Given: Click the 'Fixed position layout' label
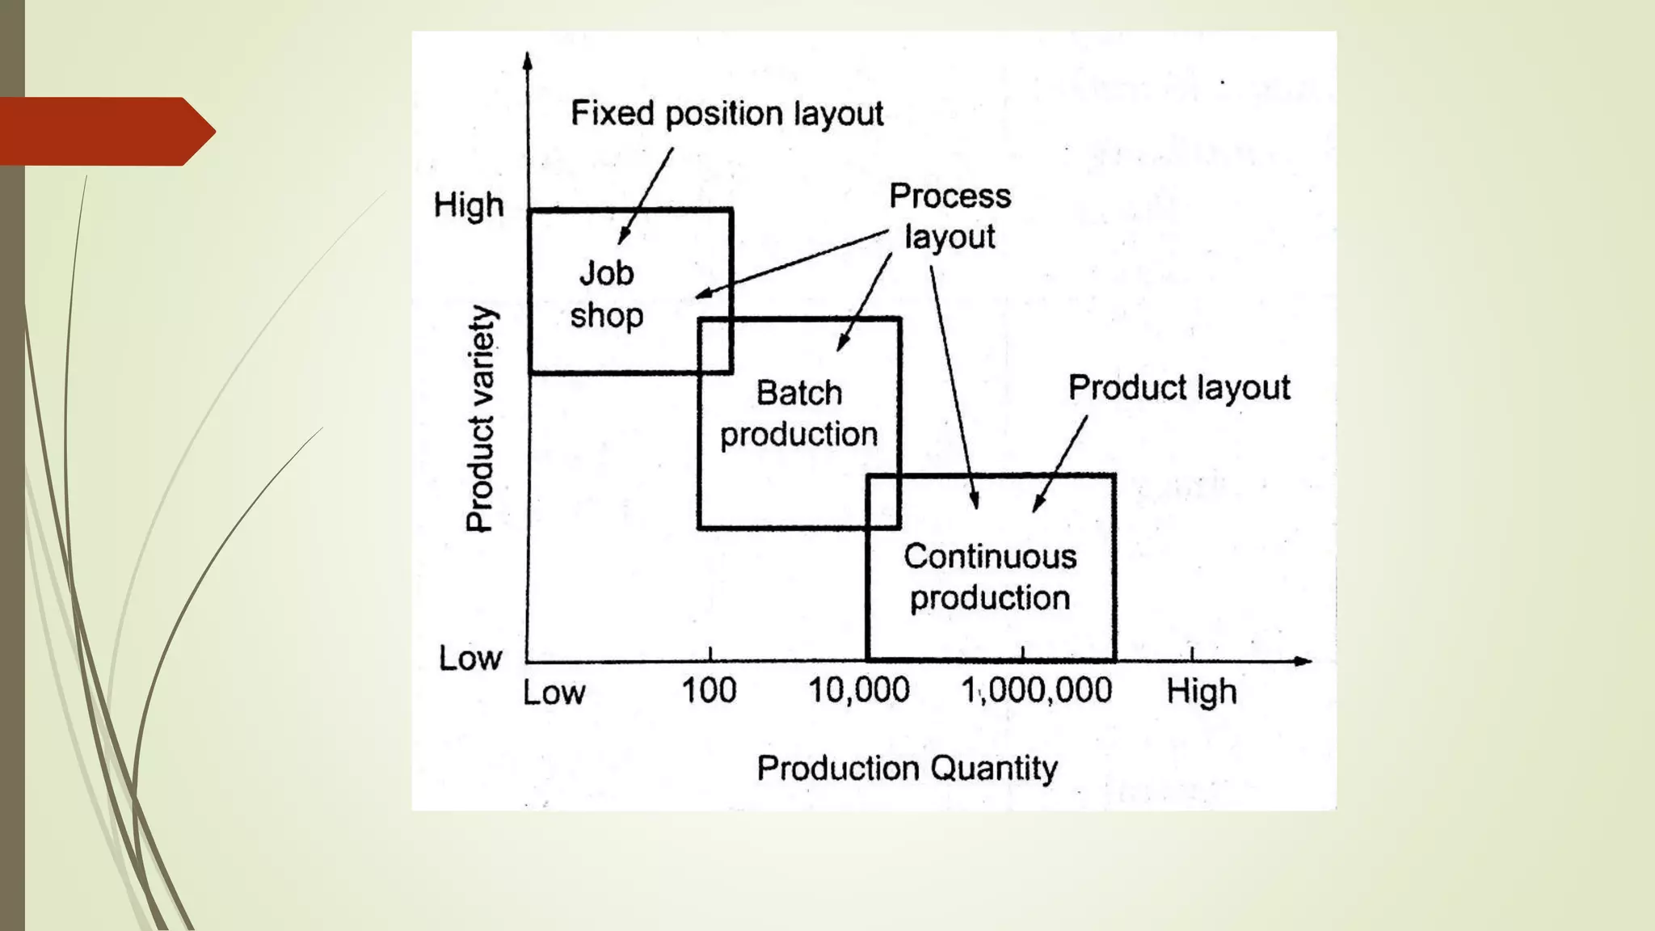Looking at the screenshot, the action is (726, 114).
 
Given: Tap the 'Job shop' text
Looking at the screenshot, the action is (606, 294).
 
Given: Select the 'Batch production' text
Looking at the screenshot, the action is (798, 414).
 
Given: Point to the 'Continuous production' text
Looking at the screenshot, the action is (990, 577).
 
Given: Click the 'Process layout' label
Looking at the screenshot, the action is (950, 216).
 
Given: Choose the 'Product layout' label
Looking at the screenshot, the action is (1179, 388).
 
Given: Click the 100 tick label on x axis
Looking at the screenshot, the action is (709, 691).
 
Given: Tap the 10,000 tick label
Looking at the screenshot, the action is (859, 691).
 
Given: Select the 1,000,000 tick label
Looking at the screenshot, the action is (1036, 691).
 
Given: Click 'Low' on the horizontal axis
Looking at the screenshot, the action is (554, 693).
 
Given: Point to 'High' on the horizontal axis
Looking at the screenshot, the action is (1201, 693).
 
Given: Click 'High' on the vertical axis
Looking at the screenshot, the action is (469, 206).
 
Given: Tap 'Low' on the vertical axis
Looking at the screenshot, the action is (470, 659).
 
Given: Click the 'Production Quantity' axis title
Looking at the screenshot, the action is (907, 768).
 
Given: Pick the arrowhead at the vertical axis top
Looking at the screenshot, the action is (528, 61).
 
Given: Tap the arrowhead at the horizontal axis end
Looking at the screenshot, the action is (1302, 661).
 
